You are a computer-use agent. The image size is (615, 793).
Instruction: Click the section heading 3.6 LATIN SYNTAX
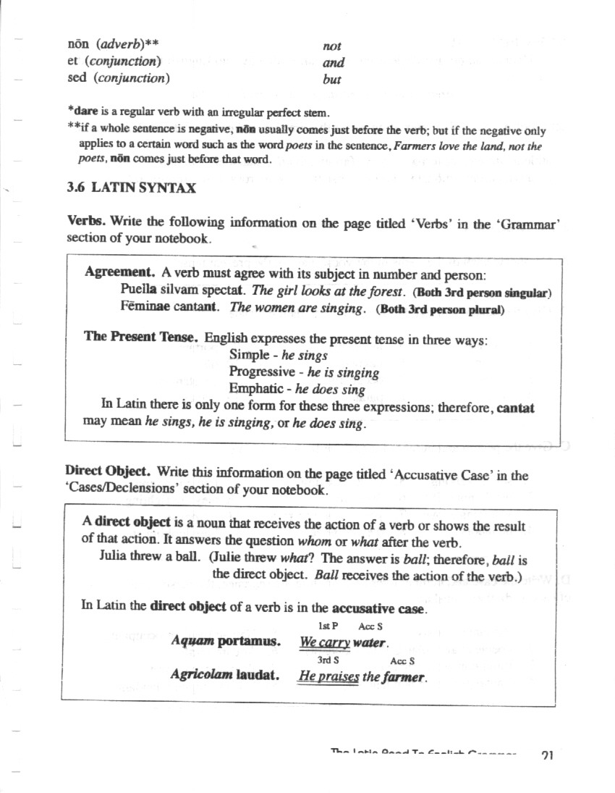point(131,188)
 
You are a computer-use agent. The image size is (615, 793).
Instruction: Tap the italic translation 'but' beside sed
point(331,80)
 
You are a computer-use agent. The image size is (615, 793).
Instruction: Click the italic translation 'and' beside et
point(334,63)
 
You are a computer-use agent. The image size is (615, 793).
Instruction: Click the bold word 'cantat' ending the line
point(516,408)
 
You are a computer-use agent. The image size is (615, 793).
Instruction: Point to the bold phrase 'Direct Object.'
point(108,471)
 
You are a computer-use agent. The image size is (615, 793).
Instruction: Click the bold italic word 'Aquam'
point(192,641)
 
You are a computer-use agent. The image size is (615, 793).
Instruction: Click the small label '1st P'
point(328,626)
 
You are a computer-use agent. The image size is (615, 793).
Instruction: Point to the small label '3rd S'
point(328,660)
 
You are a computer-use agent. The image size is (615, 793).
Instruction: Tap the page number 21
point(547,755)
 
